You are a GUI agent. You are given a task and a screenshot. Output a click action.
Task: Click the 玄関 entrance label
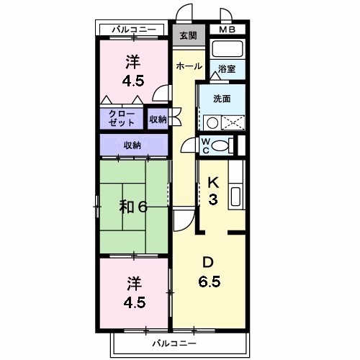pyautogui.click(x=188, y=35)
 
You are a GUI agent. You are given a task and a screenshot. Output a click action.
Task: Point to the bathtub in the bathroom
pyautogui.click(x=228, y=50)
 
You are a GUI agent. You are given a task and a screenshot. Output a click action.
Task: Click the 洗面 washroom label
pyautogui.click(x=222, y=99)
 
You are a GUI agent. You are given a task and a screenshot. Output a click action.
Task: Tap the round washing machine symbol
pyautogui.click(x=212, y=122)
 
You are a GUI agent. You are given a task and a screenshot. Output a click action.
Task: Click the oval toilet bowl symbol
pyautogui.click(x=222, y=145)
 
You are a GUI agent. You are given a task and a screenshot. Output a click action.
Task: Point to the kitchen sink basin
pyautogui.click(x=235, y=195)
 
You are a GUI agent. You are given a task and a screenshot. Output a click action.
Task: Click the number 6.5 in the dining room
pyautogui.click(x=210, y=280)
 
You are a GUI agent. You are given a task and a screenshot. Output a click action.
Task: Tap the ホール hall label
pyautogui.click(x=189, y=66)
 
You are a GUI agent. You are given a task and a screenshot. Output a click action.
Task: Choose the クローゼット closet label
pyautogui.click(x=120, y=118)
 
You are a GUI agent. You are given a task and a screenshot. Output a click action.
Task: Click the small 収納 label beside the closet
pyautogui.click(x=158, y=119)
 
